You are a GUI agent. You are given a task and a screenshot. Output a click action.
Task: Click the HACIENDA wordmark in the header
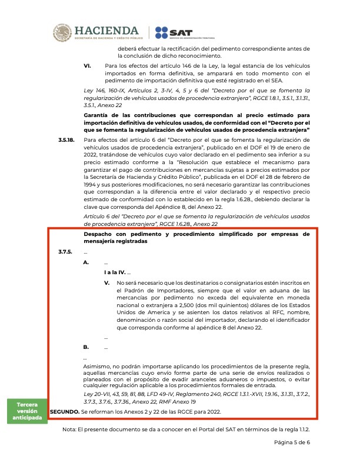(x=107, y=29)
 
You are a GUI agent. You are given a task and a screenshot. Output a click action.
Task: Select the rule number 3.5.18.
(x=66, y=139)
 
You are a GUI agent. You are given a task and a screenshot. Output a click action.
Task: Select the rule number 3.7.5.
(x=65, y=252)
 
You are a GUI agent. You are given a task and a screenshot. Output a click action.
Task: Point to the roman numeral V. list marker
(x=107, y=283)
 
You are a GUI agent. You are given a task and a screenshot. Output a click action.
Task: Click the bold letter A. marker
(x=87, y=262)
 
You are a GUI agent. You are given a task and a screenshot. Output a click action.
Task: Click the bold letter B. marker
(x=87, y=347)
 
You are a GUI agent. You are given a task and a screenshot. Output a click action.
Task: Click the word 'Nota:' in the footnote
(x=70, y=430)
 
